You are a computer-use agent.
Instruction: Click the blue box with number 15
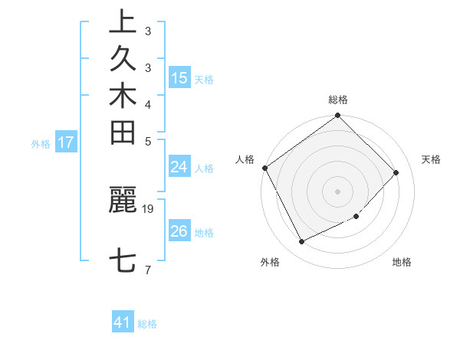179,78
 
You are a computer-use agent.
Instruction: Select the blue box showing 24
179,167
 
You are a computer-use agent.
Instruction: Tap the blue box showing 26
179,231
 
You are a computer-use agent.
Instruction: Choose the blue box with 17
66,142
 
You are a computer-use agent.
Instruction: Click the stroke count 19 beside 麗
148,208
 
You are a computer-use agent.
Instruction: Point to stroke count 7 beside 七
148,270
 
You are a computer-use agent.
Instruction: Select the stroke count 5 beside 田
148,141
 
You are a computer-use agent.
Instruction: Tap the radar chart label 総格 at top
338,100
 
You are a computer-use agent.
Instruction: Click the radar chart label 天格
431,159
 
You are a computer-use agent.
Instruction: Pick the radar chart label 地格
402,262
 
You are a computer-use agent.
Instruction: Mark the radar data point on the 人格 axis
265,168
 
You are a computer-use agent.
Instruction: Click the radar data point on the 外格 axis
301,242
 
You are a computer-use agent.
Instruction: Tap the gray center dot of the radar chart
338,191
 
